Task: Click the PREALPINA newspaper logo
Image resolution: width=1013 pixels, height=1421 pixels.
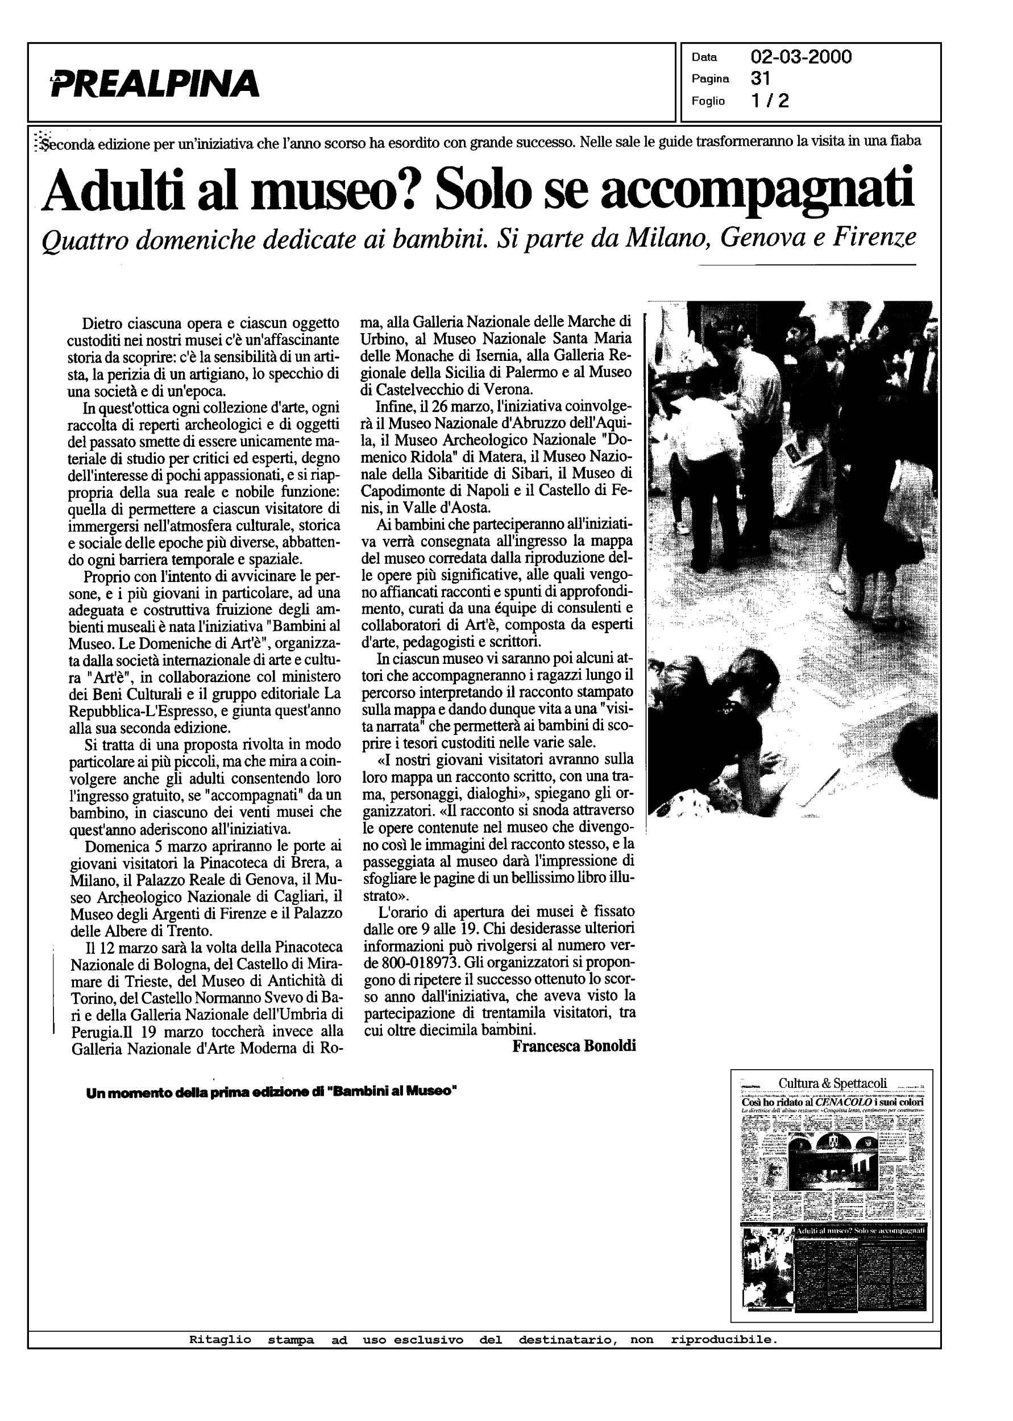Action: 155,84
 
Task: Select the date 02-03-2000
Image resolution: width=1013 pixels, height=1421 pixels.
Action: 801,57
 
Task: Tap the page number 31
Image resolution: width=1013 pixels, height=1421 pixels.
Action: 761,78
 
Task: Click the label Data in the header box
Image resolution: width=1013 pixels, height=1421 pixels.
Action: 704,57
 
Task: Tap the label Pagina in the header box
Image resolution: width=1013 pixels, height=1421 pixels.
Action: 710,79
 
